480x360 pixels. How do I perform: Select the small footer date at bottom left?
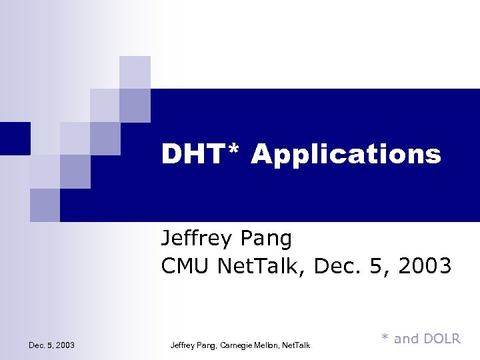pyautogui.click(x=51, y=345)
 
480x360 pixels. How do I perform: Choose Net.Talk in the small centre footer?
pyautogui.click(x=297, y=345)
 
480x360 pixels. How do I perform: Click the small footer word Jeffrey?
pyautogui.click(x=183, y=345)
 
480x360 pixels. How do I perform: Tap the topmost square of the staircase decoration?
pyautogui.click(x=135, y=72)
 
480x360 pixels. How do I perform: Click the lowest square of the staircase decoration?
pyautogui.click(x=45, y=205)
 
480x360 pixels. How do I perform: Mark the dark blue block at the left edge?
pyautogui.click(x=15, y=138)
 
